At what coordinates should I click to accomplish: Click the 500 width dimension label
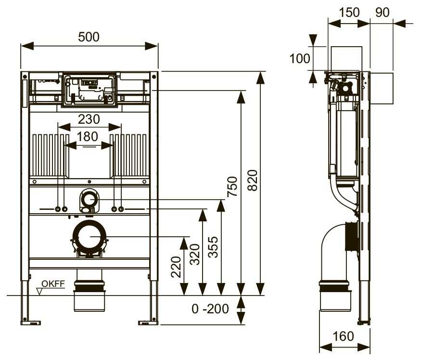pos(89,37)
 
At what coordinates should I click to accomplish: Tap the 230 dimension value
pos(89,119)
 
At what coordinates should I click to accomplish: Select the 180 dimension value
pos(87,137)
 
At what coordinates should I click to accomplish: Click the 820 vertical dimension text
pos(252,180)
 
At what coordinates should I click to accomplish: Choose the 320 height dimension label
pos(195,254)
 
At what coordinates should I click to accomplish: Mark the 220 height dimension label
pos(176,267)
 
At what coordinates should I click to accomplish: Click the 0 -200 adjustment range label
pos(210,309)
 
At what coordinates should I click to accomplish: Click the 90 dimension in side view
pos(382,13)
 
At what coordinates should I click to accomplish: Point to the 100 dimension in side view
pos(300,59)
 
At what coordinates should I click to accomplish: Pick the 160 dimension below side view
pos(343,336)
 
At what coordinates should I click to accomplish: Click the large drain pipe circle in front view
pos(89,237)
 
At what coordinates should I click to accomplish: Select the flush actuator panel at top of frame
pos(89,90)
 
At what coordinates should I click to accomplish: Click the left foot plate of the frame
pos(30,322)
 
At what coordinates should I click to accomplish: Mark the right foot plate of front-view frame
pos(148,322)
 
